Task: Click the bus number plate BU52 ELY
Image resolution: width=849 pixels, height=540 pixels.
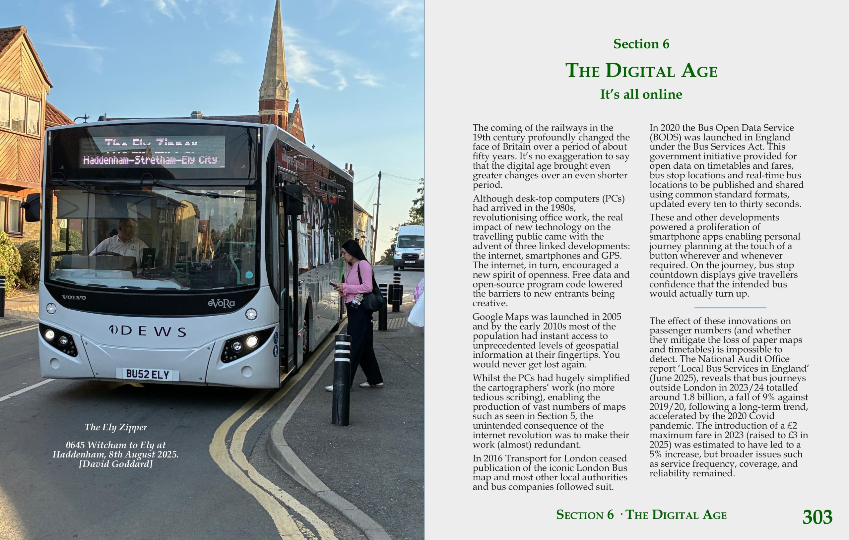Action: click(x=147, y=374)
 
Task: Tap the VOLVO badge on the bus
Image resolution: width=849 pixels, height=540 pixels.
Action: click(x=74, y=297)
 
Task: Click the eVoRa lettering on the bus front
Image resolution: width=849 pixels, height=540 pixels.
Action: click(x=221, y=303)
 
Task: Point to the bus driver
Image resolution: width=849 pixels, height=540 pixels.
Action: click(x=122, y=240)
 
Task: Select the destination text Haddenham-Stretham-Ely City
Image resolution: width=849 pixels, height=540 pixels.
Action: click(x=150, y=160)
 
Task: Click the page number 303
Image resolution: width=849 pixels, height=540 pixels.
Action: click(x=817, y=517)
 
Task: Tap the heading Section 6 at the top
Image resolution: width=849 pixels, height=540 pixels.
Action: click(x=641, y=44)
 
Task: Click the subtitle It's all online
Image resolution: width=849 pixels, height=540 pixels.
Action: click(x=641, y=94)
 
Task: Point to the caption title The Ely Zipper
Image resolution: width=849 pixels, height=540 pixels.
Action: click(x=116, y=427)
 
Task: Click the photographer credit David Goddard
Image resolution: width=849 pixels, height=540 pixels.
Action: click(x=116, y=464)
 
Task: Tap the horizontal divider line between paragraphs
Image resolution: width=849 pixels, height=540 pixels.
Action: click(x=730, y=308)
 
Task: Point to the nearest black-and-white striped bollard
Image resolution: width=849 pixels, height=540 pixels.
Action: click(x=341, y=381)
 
